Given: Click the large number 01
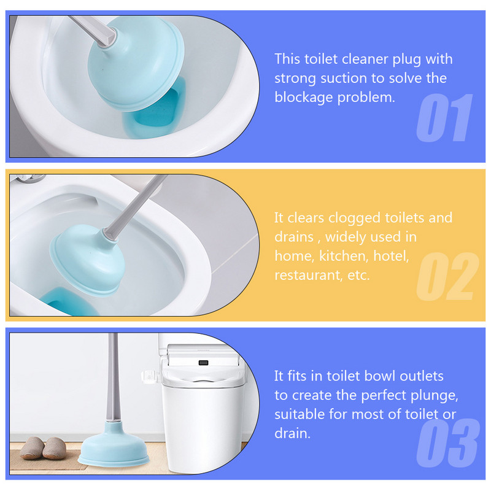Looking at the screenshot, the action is (444, 117).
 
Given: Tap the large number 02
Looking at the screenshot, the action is (447, 276).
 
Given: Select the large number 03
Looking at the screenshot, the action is (448, 443).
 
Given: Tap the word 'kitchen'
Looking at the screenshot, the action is (344, 256).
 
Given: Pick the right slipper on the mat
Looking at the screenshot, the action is (55, 449).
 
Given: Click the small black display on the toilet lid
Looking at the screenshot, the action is (204, 363).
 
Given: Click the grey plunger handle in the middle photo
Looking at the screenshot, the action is (134, 207).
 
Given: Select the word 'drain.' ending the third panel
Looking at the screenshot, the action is (293, 434).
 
